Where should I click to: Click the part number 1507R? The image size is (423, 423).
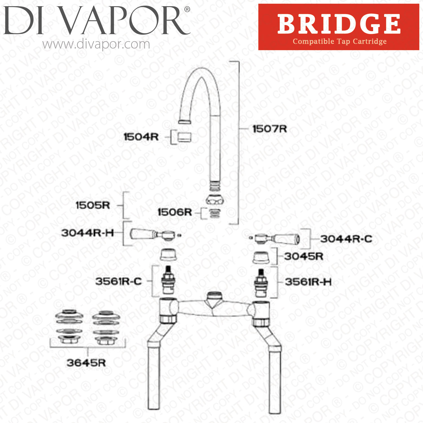pyautogui.click(x=270, y=129)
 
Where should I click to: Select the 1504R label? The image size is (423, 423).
pyautogui.click(x=141, y=137)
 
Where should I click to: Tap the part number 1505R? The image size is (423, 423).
pyautogui.click(x=93, y=205)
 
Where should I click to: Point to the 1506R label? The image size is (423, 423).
pyautogui.click(x=175, y=212)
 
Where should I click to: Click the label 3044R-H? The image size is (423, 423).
pyautogui.click(x=88, y=233)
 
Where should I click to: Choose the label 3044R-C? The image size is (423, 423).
pyautogui.click(x=346, y=239)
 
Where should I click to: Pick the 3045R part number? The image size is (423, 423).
pyautogui.click(x=303, y=256)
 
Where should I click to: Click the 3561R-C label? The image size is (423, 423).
pyautogui.click(x=118, y=281)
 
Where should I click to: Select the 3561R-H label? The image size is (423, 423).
pyautogui.click(x=308, y=282)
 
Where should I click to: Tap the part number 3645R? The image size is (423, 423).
pyautogui.click(x=86, y=363)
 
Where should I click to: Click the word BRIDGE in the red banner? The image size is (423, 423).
pyautogui.click(x=339, y=24)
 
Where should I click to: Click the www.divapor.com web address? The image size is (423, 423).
pyautogui.click(x=96, y=44)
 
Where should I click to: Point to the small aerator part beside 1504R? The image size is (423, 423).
pyautogui.click(x=184, y=137)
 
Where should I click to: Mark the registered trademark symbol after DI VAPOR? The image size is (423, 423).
pyautogui.click(x=187, y=10)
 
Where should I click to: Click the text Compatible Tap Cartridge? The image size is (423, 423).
pyautogui.click(x=340, y=41)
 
